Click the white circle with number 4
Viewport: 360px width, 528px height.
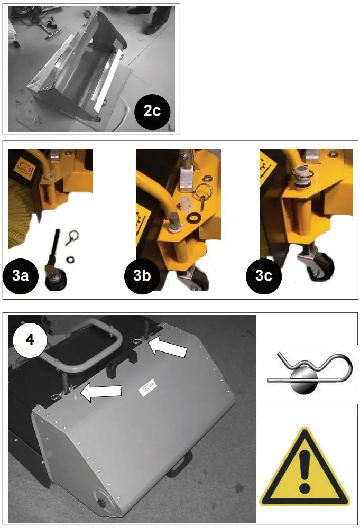30,339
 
